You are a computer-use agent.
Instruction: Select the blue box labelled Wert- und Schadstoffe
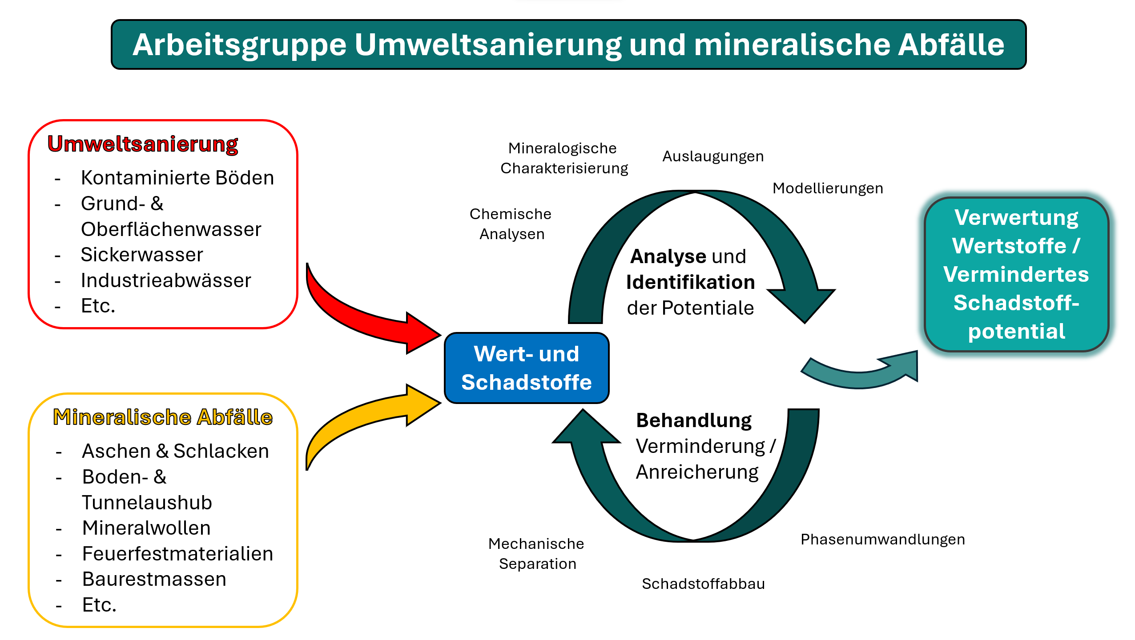[527, 368]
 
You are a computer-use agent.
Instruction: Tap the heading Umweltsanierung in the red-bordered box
[143, 144]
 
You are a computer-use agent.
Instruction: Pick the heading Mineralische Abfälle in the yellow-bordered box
[163, 417]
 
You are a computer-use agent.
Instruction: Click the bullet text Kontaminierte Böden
[177, 178]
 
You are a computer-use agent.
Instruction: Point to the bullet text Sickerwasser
[142, 255]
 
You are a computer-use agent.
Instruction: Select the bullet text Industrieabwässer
[166, 280]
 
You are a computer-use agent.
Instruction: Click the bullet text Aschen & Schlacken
[176, 451]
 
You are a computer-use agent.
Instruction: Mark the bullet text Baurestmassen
[154, 579]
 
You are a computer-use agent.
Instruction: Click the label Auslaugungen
[713, 156]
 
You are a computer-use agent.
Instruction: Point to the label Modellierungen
[828, 188]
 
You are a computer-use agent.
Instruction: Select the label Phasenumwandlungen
[883, 540]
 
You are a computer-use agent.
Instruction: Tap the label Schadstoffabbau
[703, 584]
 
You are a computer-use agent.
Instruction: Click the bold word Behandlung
[694, 420]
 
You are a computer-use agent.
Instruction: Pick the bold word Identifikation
[690, 282]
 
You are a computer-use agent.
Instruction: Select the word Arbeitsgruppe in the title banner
[239, 45]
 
